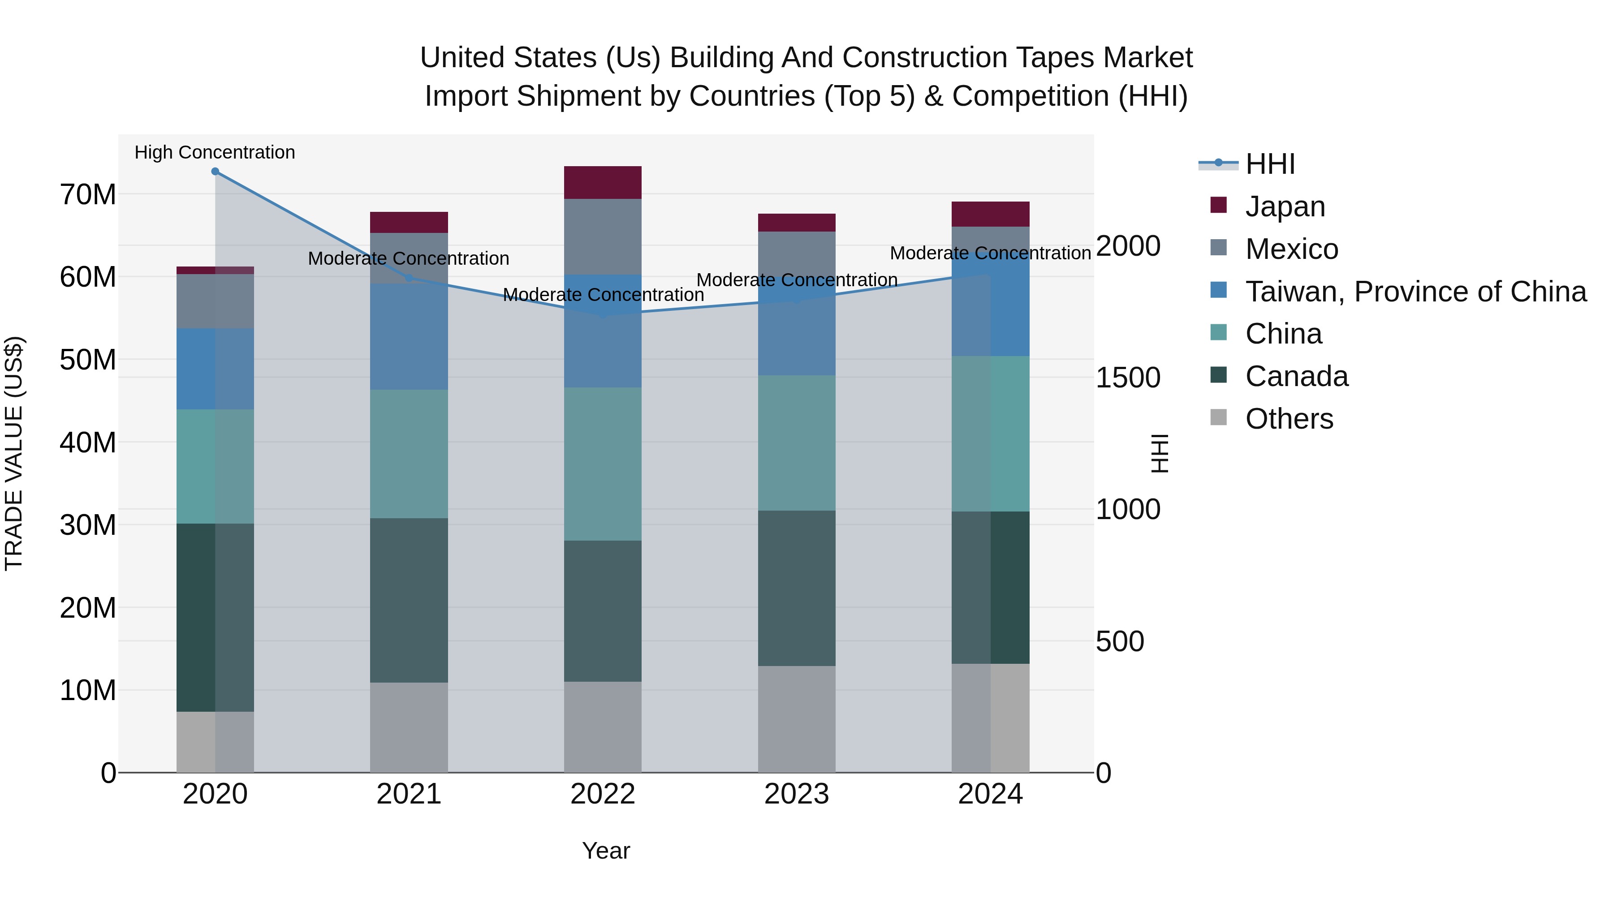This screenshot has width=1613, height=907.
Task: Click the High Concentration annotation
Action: click(x=215, y=152)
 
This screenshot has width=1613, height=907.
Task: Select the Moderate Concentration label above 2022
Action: click(x=603, y=294)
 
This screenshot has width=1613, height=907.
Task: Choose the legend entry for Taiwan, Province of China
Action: click(x=1415, y=291)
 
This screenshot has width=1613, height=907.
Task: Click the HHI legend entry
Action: click(x=1269, y=164)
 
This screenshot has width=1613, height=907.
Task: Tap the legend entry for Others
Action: click(x=1289, y=418)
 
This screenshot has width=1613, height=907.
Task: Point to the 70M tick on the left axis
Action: click(x=88, y=195)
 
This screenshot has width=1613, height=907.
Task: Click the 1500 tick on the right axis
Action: click(x=1128, y=378)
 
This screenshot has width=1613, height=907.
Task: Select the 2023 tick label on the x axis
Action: click(x=797, y=794)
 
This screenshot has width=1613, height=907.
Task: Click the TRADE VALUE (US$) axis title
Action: click(x=14, y=453)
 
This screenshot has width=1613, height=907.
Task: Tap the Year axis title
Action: click(x=605, y=851)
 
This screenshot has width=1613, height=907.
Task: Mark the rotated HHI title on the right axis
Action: click(x=1160, y=453)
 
